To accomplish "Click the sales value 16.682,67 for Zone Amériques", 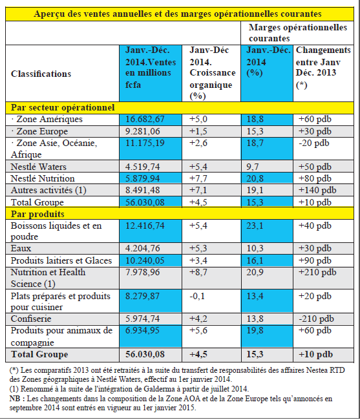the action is [145, 119].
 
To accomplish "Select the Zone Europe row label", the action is [39, 131].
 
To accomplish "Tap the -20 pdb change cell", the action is [314, 143].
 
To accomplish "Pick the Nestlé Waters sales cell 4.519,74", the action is [142, 167].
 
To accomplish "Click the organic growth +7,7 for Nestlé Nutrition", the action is [198, 178].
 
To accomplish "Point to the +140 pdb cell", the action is [317, 190].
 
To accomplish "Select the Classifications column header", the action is [41, 74].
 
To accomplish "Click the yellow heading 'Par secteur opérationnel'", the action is [63, 107].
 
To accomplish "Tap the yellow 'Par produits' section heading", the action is [37, 214].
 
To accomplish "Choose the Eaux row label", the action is [21, 248].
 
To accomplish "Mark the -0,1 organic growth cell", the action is [197, 296].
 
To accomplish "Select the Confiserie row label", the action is [31, 319].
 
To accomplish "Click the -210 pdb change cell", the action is [316, 319].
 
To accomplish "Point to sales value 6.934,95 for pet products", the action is [142, 330].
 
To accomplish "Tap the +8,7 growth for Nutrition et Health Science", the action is [198, 272].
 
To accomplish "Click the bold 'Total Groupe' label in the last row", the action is [39, 354].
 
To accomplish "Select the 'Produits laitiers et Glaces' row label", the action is [61, 260].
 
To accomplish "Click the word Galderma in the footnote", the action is [157, 388].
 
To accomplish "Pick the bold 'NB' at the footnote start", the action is [14, 399].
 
